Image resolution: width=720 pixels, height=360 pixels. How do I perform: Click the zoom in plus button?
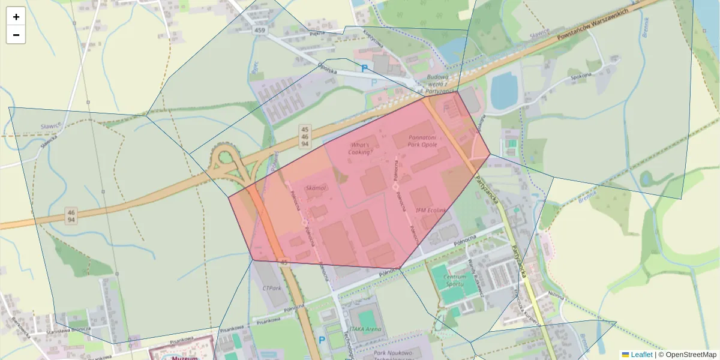point(16,17)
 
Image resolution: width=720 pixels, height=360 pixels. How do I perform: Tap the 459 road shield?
point(259,30)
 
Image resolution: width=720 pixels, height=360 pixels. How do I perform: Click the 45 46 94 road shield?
point(305,137)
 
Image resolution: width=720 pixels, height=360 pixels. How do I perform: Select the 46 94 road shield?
point(71,217)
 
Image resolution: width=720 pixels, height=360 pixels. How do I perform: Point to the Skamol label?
point(316,188)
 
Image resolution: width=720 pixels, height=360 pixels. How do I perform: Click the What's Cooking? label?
point(361,149)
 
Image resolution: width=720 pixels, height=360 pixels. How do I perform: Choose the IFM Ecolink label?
point(431,211)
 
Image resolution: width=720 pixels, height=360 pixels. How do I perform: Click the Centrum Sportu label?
point(454,280)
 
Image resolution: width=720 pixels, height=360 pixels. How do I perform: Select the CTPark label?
point(272,288)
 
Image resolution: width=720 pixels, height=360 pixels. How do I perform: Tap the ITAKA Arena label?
point(365,329)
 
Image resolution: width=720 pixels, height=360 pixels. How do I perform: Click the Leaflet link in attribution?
point(641,355)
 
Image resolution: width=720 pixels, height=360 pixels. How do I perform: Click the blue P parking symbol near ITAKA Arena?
point(322,340)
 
